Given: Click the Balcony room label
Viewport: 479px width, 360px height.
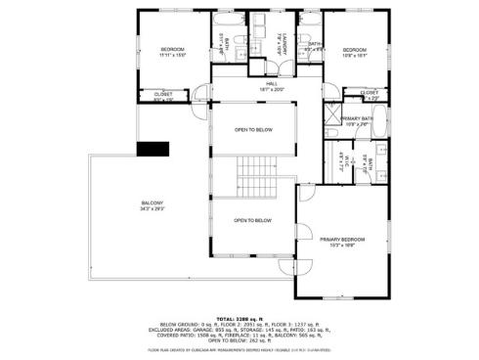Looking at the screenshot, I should (152, 206).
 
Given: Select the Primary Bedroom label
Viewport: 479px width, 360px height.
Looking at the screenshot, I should (342, 241).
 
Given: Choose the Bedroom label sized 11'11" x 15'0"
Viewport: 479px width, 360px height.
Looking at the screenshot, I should (173, 52).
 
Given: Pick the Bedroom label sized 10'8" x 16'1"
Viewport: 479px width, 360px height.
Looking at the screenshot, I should (354, 53).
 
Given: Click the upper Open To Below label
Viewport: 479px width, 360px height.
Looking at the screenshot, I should (252, 130).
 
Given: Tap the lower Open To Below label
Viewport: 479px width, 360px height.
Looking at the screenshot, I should (252, 221).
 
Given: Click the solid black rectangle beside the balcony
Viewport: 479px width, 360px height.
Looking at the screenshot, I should (151, 149).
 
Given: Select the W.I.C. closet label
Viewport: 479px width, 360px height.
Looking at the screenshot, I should (342, 162).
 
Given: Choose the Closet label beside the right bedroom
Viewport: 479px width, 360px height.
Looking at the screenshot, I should (369, 95).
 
